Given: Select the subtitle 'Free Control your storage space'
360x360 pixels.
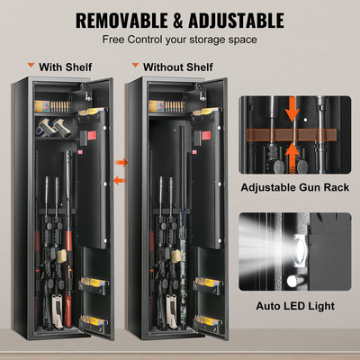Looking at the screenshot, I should point(179,40).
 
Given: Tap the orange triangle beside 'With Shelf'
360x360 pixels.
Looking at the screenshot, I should point(31,65).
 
